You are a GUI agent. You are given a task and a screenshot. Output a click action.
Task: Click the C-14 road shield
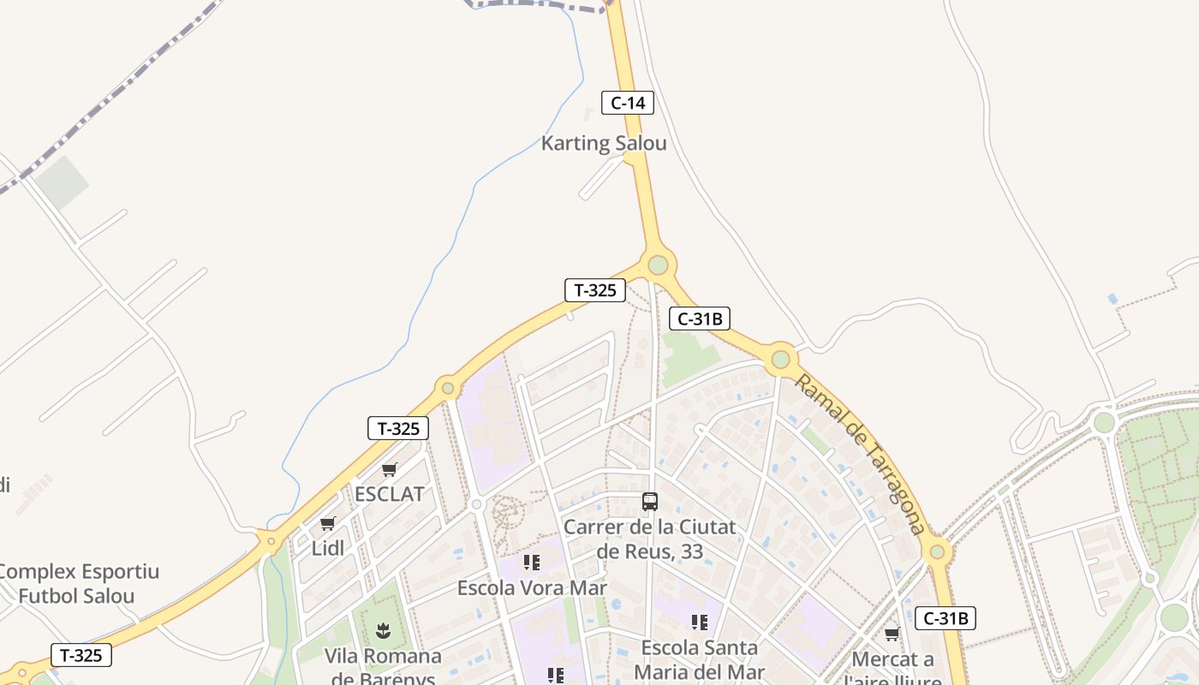[627, 104]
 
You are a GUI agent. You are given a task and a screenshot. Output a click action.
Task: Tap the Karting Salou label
[604, 143]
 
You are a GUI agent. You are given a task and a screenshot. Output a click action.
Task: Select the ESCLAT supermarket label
[389, 494]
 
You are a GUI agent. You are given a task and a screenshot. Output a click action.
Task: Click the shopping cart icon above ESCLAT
[389, 469]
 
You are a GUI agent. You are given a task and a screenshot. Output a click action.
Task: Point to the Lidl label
[327, 548]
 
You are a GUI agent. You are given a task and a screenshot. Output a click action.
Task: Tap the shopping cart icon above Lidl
[327, 523]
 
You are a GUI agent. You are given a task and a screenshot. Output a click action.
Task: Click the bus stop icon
[650, 502]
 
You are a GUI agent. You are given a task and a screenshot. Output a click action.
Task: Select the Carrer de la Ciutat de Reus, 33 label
[649, 539]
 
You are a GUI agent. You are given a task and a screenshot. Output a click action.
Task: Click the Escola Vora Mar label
[532, 588]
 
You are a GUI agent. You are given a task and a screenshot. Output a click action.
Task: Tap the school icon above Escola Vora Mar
[532, 563]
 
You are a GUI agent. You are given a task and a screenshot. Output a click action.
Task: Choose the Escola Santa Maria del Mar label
[699, 659]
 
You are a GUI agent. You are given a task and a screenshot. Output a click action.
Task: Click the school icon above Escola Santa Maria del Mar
[700, 622]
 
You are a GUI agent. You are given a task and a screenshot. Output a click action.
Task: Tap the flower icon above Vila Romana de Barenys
[383, 632]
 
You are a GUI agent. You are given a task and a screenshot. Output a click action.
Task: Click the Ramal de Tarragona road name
[859, 454]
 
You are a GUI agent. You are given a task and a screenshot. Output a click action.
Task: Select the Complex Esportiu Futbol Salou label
[77, 584]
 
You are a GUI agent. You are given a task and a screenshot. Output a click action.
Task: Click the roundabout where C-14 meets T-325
[658, 265]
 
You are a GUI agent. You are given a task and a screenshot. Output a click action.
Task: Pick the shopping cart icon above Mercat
[892, 634]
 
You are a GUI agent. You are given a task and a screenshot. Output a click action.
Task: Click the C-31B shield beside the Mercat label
[945, 618]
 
